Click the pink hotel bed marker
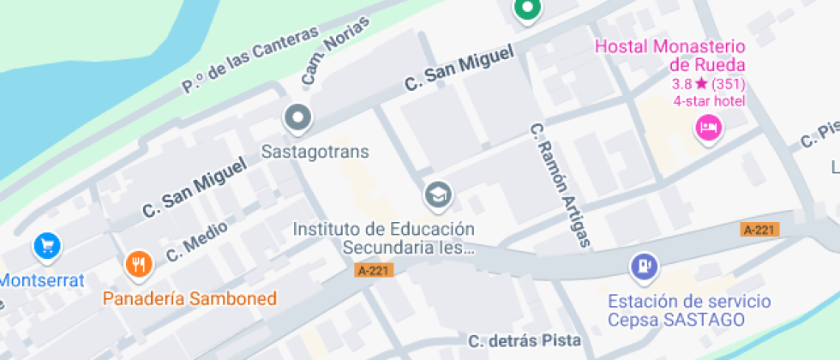(709, 129)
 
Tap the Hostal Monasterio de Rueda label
(670, 56)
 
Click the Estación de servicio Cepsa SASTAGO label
(689, 310)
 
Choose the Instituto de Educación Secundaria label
(384, 238)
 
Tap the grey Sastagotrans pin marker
(298, 117)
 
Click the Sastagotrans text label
(315, 153)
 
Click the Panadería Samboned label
(189, 298)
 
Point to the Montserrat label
(41, 280)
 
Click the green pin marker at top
(527, 9)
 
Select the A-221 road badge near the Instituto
(374, 270)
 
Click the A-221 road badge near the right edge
(759, 230)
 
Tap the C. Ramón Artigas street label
(561, 184)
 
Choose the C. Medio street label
(197, 241)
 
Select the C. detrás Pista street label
(524, 341)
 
